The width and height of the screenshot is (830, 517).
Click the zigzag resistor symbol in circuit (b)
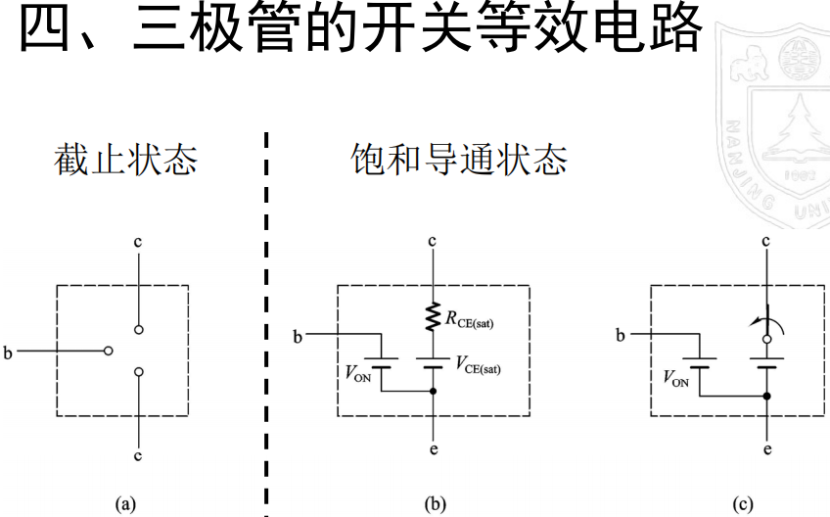tap(432, 315)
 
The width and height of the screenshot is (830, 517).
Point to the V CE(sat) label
tap(479, 364)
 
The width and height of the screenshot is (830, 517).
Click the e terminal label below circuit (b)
tap(433, 452)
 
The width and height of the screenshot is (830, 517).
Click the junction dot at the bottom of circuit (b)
tap(432, 391)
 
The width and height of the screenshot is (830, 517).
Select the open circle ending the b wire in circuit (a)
tap(109, 349)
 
